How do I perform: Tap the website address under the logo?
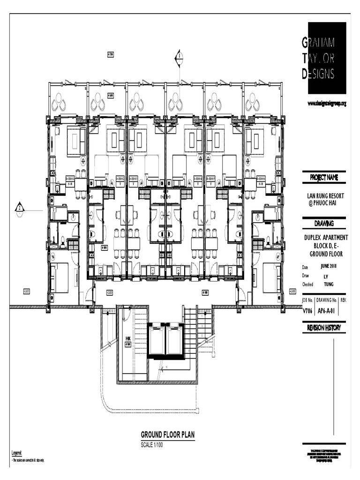(x=327, y=103)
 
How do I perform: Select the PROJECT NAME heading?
(x=324, y=178)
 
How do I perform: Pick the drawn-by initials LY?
(x=326, y=276)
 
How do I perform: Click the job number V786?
(x=307, y=310)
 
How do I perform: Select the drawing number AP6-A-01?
(x=327, y=310)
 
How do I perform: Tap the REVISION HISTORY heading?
(x=324, y=328)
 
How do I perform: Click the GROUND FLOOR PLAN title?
(x=167, y=435)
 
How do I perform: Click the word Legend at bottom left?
(x=16, y=453)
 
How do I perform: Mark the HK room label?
(x=127, y=338)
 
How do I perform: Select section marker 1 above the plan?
(x=179, y=58)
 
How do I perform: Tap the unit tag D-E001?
(x=70, y=179)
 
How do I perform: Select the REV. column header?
(x=343, y=300)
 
